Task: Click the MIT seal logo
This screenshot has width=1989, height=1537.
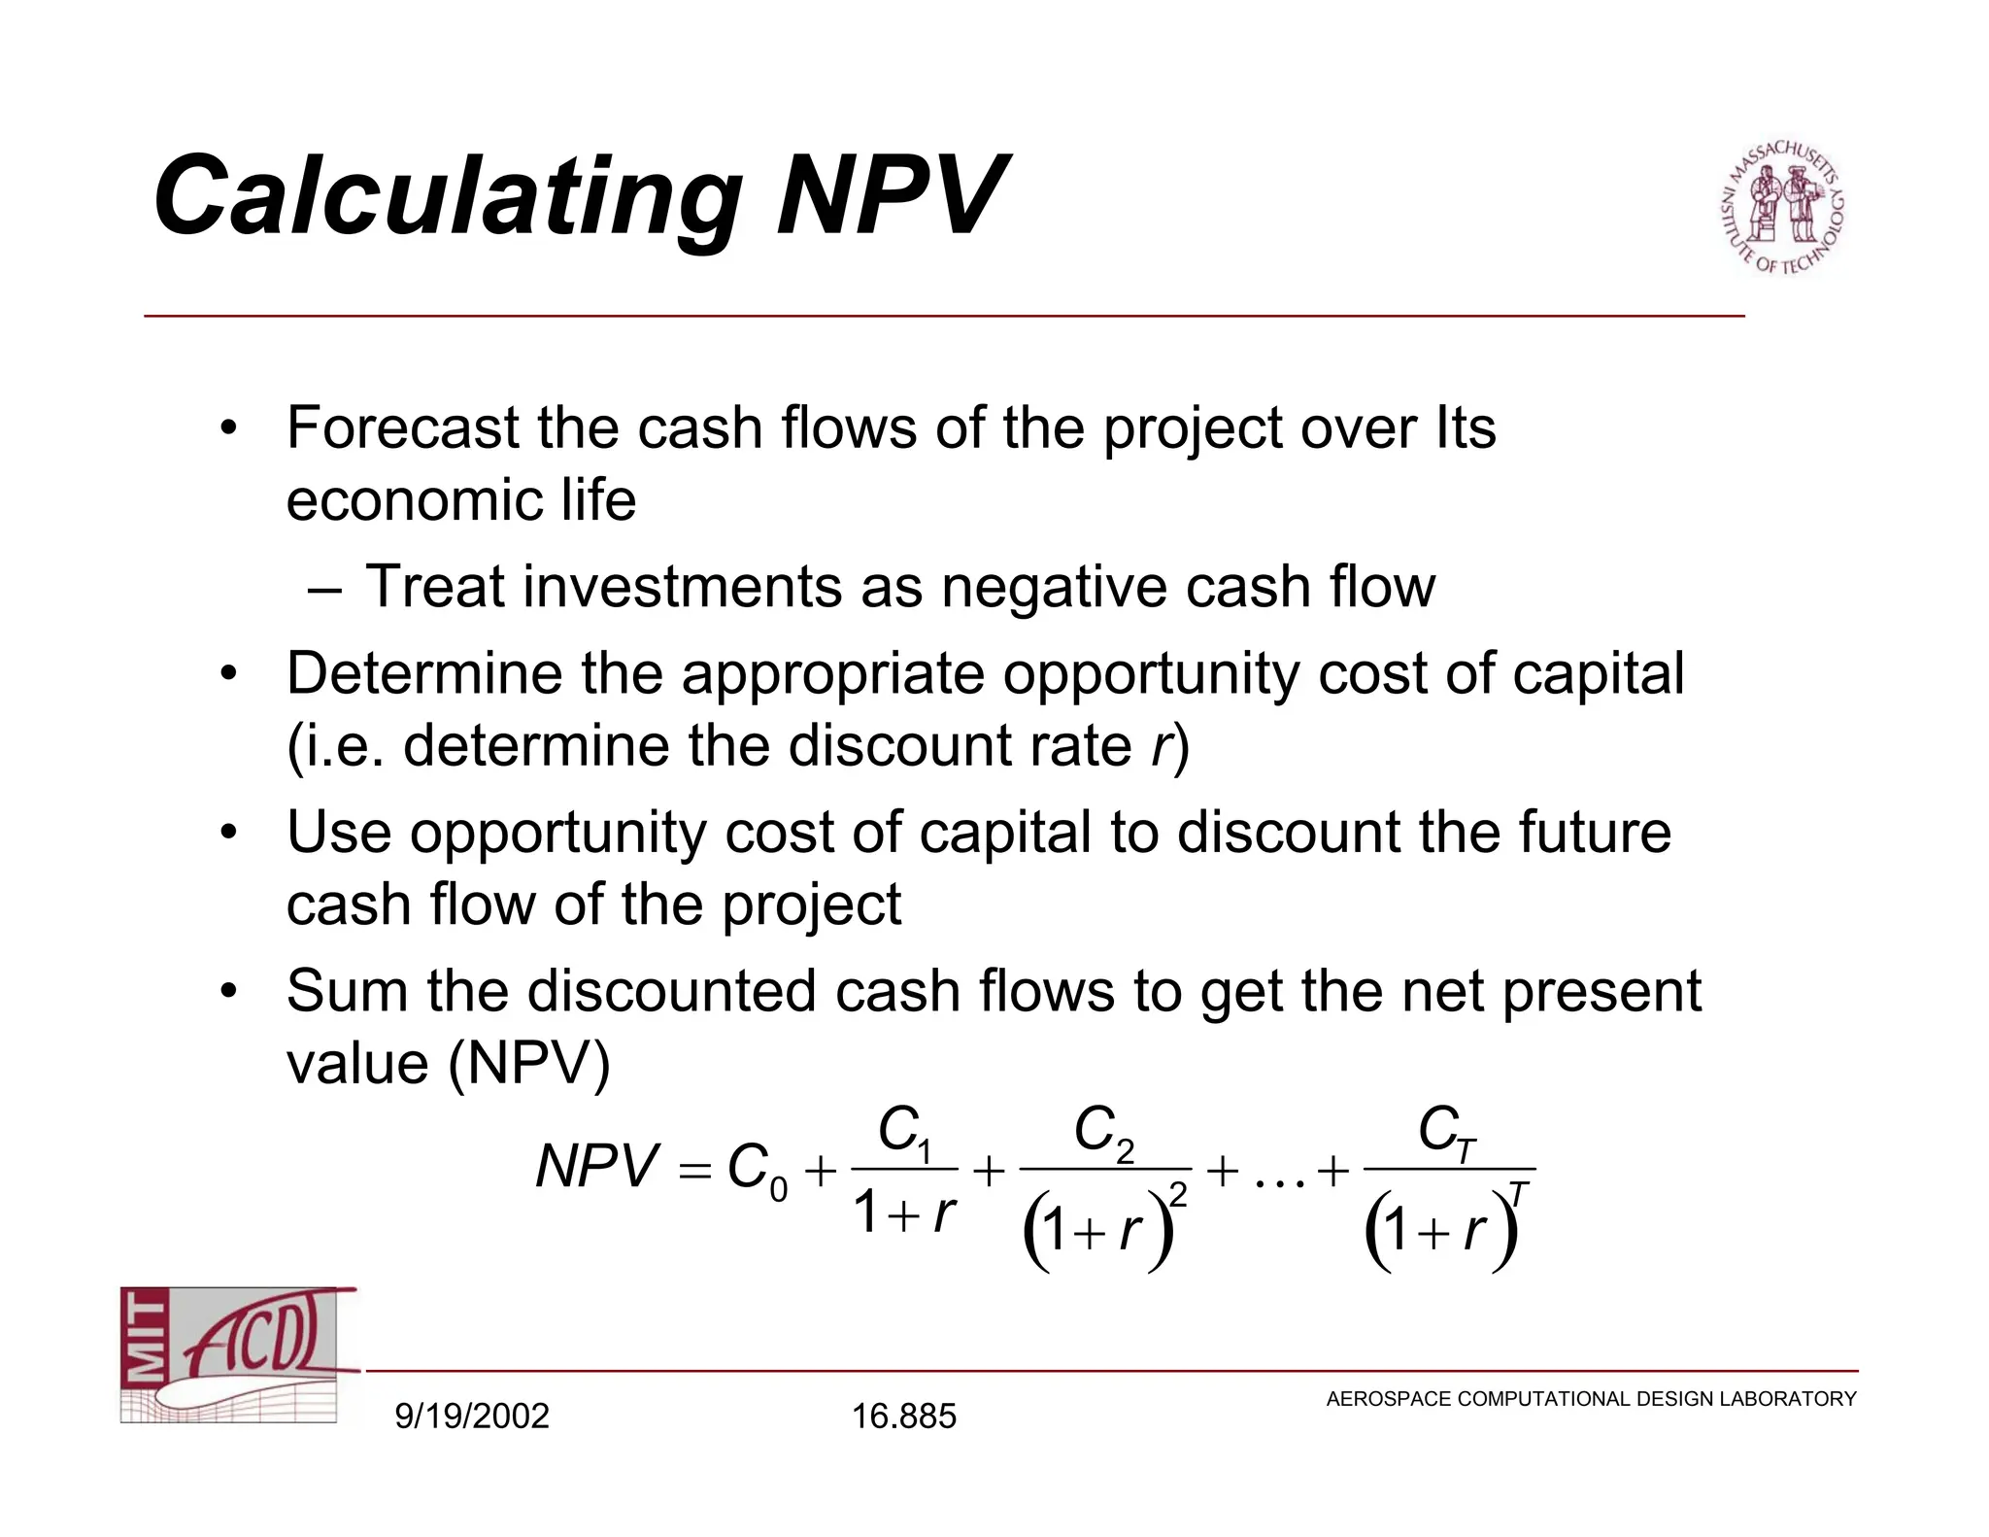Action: pos(1782,207)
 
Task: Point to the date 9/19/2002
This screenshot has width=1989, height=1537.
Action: pos(472,1416)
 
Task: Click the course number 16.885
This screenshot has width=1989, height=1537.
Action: pos(903,1416)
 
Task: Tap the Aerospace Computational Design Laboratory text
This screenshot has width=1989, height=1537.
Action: pos(1591,1399)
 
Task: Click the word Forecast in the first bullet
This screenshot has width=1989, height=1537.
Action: pos(402,427)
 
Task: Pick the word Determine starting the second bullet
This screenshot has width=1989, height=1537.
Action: pos(424,673)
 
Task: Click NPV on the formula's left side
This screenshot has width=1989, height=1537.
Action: pos(596,1166)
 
